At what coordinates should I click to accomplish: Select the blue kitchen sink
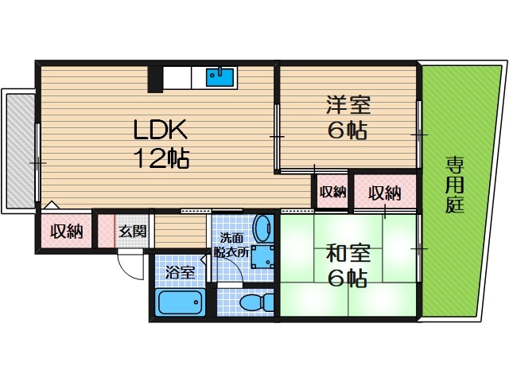[x=220, y=77]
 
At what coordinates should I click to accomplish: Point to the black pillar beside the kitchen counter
[x=155, y=79]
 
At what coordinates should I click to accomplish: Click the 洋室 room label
[x=346, y=104]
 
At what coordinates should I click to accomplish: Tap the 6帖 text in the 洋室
[x=347, y=131]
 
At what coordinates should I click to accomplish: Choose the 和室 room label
[x=346, y=254]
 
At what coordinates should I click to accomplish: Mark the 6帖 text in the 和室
[x=347, y=279]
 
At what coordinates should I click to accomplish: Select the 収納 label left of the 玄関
[x=67, y=232]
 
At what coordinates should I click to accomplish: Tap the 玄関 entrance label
[x=132, y=232]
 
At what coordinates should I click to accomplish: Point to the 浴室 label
[x=180, y=272]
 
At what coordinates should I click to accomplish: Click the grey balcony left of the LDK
[x=21, y=151]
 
